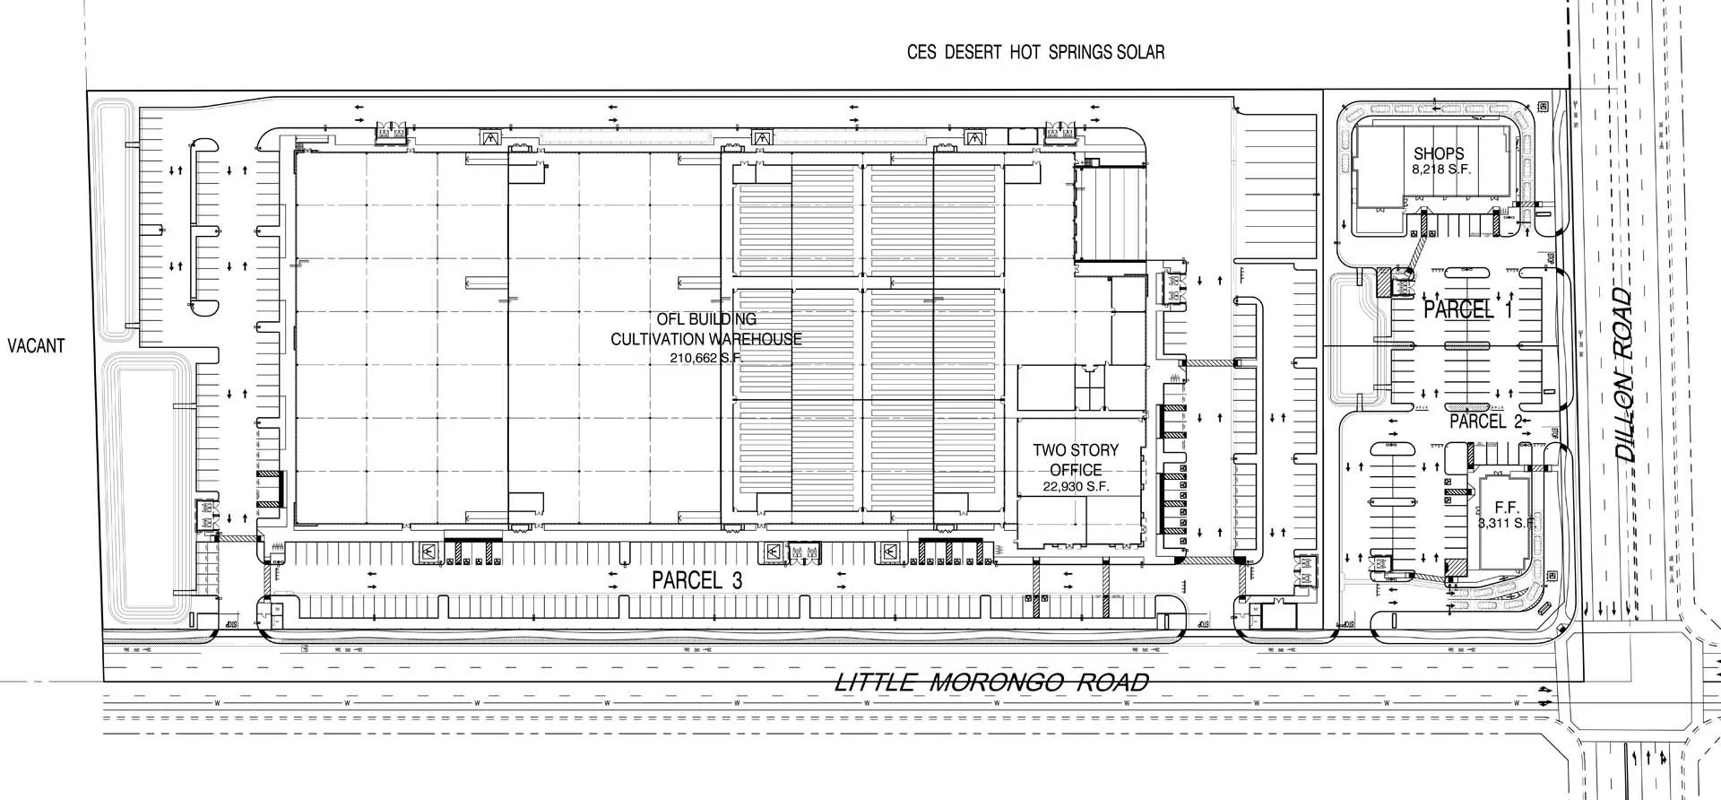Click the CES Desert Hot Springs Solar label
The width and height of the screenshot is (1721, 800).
tap(1035, 52)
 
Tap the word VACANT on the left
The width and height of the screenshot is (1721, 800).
tap(36, 344)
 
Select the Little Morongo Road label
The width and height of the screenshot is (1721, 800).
tap(991, 683)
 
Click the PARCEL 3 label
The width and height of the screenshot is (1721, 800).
tap(696, 580)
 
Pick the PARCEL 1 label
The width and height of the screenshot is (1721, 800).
tap(1467, 310)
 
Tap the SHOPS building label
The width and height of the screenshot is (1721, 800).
tap(1439, 153)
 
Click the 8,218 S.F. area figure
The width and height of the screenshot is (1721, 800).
tap(1441, 169)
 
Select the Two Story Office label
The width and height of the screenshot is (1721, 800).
tap(1076, 459)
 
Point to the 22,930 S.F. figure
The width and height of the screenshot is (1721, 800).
tap(1076, 487)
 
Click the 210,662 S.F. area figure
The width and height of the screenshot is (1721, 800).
tap(706, 358)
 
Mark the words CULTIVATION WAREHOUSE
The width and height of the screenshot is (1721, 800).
tap(706, 338)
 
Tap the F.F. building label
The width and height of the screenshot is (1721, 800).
tap(1507, 509)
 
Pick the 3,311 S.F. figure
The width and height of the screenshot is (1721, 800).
tap(1508, 523)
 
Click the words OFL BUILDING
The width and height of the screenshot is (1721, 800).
tap(706, 318)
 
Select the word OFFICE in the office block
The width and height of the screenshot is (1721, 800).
tap(1076, 470)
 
